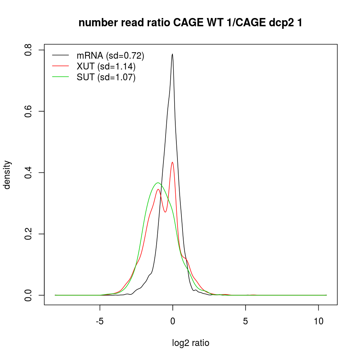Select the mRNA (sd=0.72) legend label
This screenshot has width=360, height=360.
click(110, 55)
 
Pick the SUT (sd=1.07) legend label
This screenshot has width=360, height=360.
click(106, 77)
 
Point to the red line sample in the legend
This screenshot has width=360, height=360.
click(60, 66)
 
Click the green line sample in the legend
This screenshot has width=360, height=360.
click(60, 77)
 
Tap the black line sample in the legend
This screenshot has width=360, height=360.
click(60, 55)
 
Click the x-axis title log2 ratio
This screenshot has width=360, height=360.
click(191, 343)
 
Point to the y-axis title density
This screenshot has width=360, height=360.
click(8, 175)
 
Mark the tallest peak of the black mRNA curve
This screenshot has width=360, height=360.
click(172, 54)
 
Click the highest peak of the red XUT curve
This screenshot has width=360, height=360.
click(172, 162)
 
